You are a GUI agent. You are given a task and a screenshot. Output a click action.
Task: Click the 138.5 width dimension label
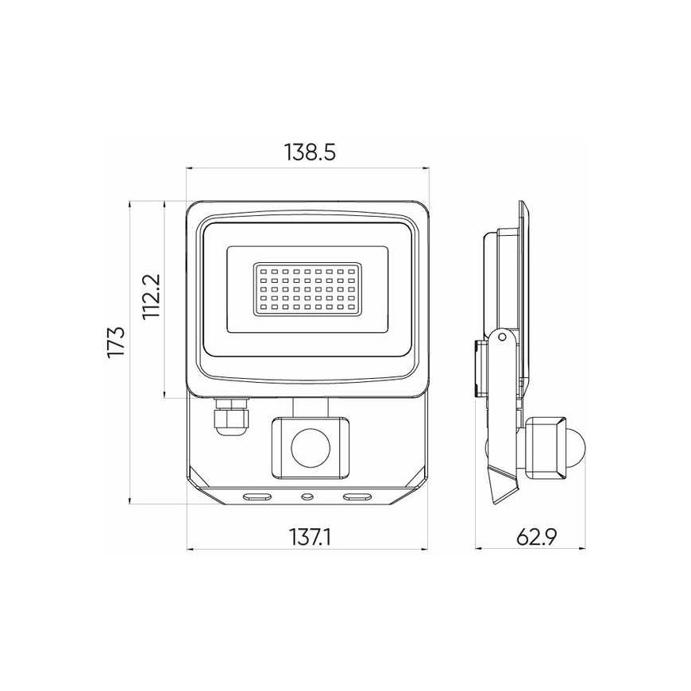coord(310,152)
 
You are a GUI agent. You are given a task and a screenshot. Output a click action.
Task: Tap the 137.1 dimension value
coord(311,537)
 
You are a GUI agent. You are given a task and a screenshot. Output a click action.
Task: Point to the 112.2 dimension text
coord(152,296)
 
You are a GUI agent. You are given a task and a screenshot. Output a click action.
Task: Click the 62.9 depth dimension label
coord(536,536)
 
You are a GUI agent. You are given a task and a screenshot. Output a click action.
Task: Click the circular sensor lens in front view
coord(311,448)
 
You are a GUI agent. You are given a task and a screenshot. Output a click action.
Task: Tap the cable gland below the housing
coord(230,416)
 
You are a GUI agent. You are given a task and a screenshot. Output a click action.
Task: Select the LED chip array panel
coord(307,289)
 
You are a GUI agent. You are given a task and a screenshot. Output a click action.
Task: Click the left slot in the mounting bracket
coord(257,496)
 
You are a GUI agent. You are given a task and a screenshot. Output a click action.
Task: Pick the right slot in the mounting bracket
coord(357,496)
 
